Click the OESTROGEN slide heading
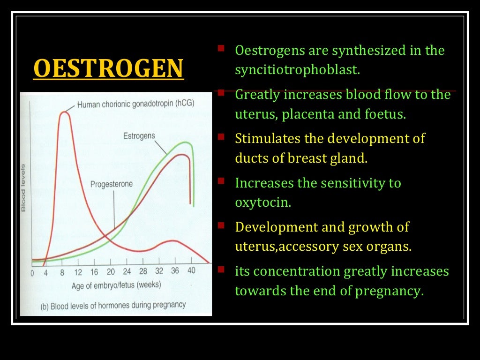click(x=108, y=68)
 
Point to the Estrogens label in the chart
click(x=139, y=136)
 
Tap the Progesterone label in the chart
click(x=112, y=184)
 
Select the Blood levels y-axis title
click(x=23, y=187)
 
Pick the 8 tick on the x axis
click(x=62, y=272)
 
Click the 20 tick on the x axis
click(x=111, y=272)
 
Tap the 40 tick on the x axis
click(x=191, y=271)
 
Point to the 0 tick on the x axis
click(x=32, y=273)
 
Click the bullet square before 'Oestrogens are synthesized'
click(x=221, y=48)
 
